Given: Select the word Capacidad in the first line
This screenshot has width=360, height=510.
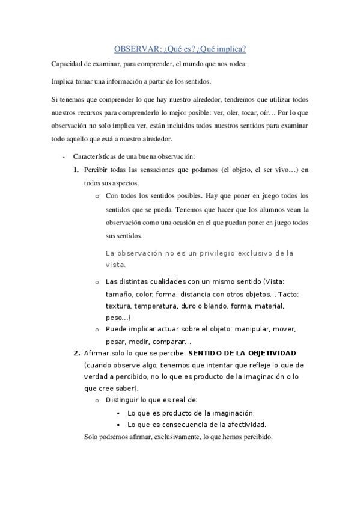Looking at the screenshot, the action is pos(67,64).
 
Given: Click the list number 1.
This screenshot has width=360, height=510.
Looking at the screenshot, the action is pos(76,170).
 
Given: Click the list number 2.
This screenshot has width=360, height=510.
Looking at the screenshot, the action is pos(76,353).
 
